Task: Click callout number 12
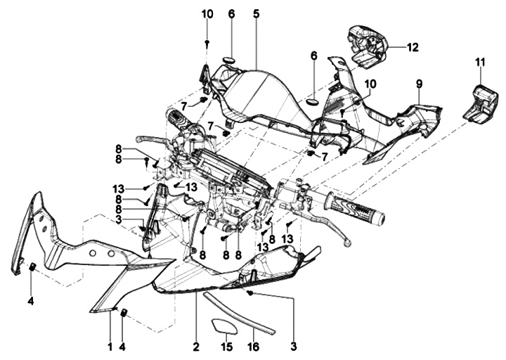click(413, 48)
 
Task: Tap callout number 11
click(480, 62)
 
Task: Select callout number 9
click(419, 84)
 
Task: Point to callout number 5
click(257, 13)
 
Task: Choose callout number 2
click(196, 347)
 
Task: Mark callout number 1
click(110, 347)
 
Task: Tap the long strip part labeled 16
click(239, 312)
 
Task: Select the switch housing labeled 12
click(367, 46)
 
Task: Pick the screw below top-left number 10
click(207, 44)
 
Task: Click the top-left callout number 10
click(207, 14)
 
